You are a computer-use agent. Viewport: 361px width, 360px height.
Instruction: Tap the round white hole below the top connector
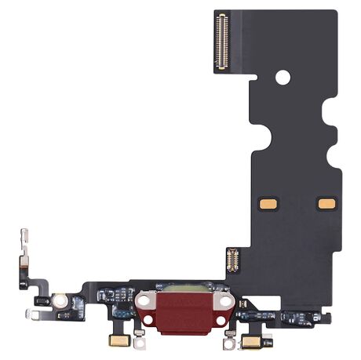(x=283, y=77)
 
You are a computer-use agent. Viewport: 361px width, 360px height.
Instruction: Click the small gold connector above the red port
(x=232, y=260)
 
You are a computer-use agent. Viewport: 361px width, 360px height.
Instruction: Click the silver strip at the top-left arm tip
(x=24, y=240)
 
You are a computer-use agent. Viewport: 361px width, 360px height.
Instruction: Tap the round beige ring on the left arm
(x=59, y=300)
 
